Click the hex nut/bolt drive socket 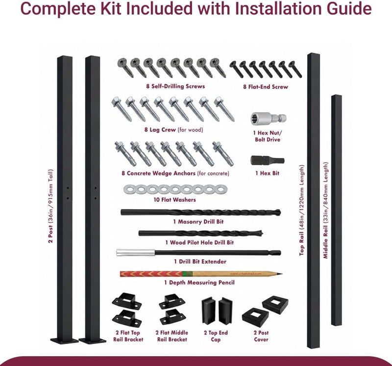pyautogui.click(x=268, y=119)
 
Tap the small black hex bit pyautogui.click(x=267, y=161)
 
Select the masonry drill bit pyautogui.click(x=200, y=213)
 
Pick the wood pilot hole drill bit pyautogui.click(x=200, y=234)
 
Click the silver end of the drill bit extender pyautogui.click(x=136, y=252)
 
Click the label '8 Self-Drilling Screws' pyautogui.click(x=175, y=87)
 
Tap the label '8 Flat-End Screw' pyautogui.click(x=266, y=87)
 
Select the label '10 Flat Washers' pyautogui.click(x=175, y=200)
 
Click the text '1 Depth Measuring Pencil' pyautogui.click(x=199, y=283)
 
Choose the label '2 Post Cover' pyautogui.click(x=261, y=336)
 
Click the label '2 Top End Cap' pyautogui.click(x=216, y=336)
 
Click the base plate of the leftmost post pyautogui.click(x=64, y=341)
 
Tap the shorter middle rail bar pyautogui.click(x=337, y=210)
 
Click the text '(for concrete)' pyautogui.click(x=213, y=173)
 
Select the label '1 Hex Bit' pyautogui.click(x=267, y=173)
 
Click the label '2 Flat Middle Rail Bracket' pyautogui.click(x=172, y=336)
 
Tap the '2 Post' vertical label pyautogui.click(x=51, y=234)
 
